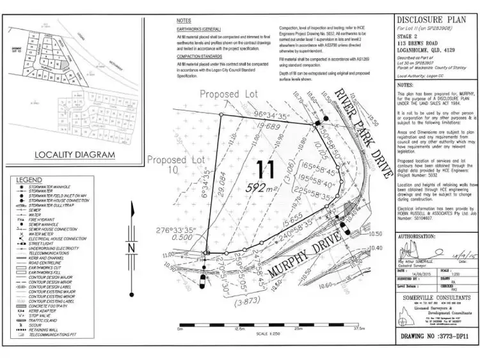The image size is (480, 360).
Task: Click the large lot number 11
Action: (x=266, y=170)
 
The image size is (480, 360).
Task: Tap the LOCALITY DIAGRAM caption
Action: (x=75, y=155)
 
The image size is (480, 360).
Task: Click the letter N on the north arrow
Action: (x=131, y=247)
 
